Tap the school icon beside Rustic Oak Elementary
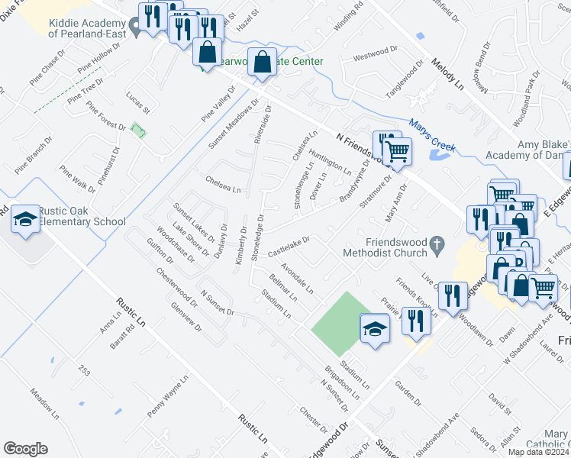(25, 219)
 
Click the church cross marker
(437, 245)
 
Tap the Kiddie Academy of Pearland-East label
(84, 28)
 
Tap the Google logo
(25, 449)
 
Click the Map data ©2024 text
(538, 452)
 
